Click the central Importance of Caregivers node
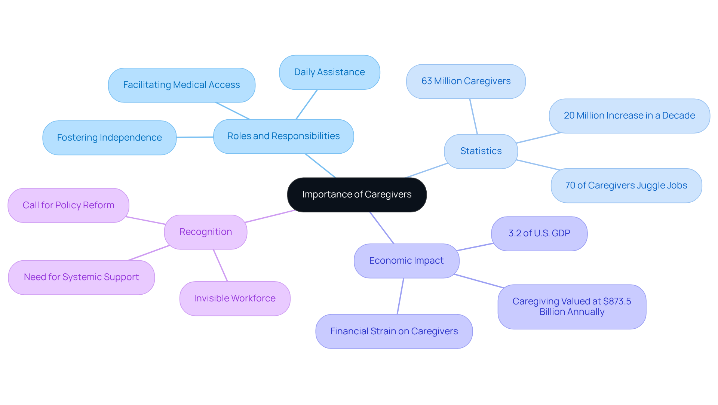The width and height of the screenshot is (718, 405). (357, 195)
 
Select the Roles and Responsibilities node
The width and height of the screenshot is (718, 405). (283, 136)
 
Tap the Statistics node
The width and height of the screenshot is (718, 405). (481, 151)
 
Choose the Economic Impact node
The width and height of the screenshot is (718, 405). (406, 261)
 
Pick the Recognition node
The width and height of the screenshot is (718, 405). (206, 232)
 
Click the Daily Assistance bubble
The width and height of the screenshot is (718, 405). (329, 72)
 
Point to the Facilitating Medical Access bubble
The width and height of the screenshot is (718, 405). (182, 85)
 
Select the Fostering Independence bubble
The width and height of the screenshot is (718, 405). (110, 138)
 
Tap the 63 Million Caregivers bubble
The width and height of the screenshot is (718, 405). (466, 82)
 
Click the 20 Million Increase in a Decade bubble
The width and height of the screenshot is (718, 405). (629, 116)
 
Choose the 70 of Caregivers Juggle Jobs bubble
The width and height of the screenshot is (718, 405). (626, 185)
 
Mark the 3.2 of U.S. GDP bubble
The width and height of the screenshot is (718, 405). (539, 234)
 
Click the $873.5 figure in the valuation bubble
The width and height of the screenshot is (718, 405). (617, 301)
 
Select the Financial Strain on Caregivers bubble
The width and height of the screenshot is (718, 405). (394, 332)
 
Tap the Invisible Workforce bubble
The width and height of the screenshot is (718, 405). (235, 298)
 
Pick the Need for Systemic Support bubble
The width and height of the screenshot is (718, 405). (82, 277)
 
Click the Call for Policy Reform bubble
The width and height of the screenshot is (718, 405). (68, 205)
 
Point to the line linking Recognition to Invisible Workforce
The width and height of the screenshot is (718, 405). (220, 265)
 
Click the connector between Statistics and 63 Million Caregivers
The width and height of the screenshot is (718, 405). (473, 116)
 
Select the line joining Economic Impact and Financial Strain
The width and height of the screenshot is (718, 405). (401, 296)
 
